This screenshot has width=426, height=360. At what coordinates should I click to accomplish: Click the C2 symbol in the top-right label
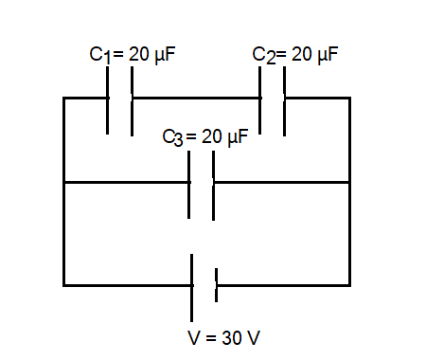pyautogui.click(x=263, y=54)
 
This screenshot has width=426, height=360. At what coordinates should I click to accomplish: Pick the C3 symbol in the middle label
pyautogui.click(x=172, y=138)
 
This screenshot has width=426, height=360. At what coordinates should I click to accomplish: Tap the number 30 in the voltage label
pyautogui.click(x=232, y=337)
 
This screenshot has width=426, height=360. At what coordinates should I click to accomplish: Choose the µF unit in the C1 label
pyautogui.click(x=164, y=54)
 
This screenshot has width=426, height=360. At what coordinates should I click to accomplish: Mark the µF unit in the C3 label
pyautogui.click(x=236, y=138)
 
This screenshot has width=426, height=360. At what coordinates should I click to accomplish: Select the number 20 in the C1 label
pyautogui.click(x=137, y=54)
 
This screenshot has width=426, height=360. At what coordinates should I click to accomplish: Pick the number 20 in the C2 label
pyautogui.click(x=300, y=54)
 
